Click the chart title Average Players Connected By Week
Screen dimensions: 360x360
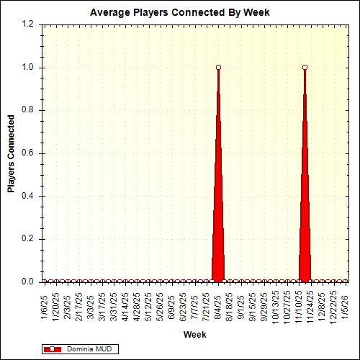(x=179, y=13)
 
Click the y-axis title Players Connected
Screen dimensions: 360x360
(x=12, y=153)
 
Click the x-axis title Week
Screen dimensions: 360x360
(x=194, y=335)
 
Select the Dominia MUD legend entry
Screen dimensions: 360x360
(x=86, y=349)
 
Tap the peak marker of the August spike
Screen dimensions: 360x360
(x=218, y=67)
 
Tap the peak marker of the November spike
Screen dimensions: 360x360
(x=305, y=67)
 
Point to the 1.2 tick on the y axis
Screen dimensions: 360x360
(x=29, y=24)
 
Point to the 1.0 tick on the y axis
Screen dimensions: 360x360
(x=29, y=68)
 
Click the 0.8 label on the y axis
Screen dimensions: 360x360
(x=29, y=110)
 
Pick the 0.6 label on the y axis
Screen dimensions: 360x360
(x=29, y=153)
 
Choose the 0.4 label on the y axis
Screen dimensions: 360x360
(x=29, y=196)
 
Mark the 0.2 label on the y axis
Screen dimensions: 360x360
(x=29, y=239)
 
